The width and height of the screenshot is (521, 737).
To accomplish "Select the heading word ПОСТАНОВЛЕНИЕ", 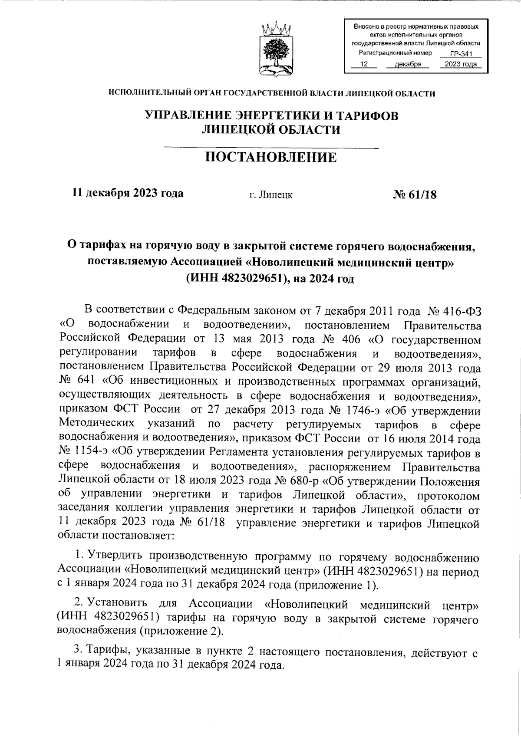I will (x=271, y=157).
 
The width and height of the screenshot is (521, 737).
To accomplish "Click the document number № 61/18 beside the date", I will (x=414, y=194).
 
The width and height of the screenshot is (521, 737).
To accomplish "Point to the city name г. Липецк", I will (x=271, y=195).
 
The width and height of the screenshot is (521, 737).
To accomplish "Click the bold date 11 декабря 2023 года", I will (x=128, y=193).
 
